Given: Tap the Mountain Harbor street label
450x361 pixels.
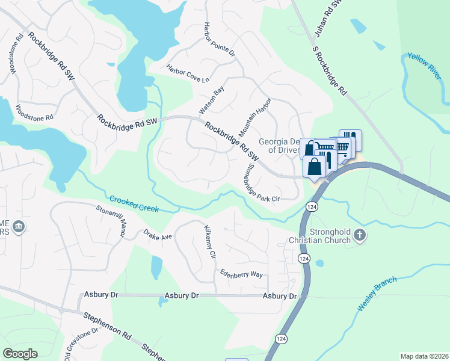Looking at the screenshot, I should [x=255, y=116].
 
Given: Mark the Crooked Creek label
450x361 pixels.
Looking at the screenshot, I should [x=134, y=204].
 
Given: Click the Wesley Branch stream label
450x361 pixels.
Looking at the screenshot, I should [x=377, y=294].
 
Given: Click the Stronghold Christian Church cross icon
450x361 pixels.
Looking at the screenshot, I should [x=360, y=235].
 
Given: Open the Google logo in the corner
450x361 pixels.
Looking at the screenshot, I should [x=20, y=354].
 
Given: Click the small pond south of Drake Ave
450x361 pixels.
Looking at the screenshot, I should [x=156, y=267].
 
